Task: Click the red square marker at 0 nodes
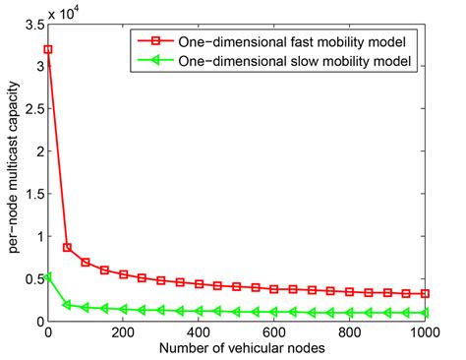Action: tap(48, 48)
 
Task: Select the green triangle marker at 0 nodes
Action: tap(48, 277)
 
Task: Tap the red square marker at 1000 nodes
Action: tap(425, 293)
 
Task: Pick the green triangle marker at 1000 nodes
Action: tap(425, 313)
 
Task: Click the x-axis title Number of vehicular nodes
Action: tap(237, 348)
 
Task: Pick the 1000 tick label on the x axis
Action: tap(424, 333)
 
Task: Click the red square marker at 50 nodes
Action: tap(67, 248)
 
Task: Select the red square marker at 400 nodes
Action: tap(199, 284)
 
